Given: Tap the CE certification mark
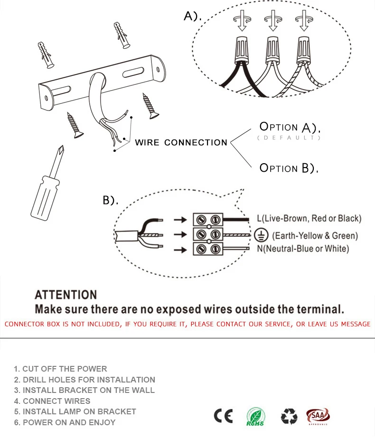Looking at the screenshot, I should click(223, 416).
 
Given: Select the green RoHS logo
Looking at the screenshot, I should click(255, 417).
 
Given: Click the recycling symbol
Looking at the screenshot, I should click(289, 417).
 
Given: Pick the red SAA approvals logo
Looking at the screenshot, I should click(318, 416).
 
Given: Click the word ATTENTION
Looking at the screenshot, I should click(66, 295).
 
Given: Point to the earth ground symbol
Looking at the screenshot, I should click(260, 235).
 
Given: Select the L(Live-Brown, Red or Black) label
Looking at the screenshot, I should click(309, 219).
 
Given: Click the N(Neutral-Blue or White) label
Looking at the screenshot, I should click(303, 249).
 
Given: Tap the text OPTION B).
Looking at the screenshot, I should click(289, 168).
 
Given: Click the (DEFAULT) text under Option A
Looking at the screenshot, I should click(289, 138).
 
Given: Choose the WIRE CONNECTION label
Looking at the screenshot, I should click(181, 142).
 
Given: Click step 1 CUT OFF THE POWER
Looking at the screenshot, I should click(60, 369).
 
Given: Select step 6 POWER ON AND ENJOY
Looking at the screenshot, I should click(65, 422).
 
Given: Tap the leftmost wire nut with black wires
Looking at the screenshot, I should click(242, 50).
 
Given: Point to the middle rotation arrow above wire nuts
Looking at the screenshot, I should click(272, 21).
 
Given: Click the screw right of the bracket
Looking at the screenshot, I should click(151, 106).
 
